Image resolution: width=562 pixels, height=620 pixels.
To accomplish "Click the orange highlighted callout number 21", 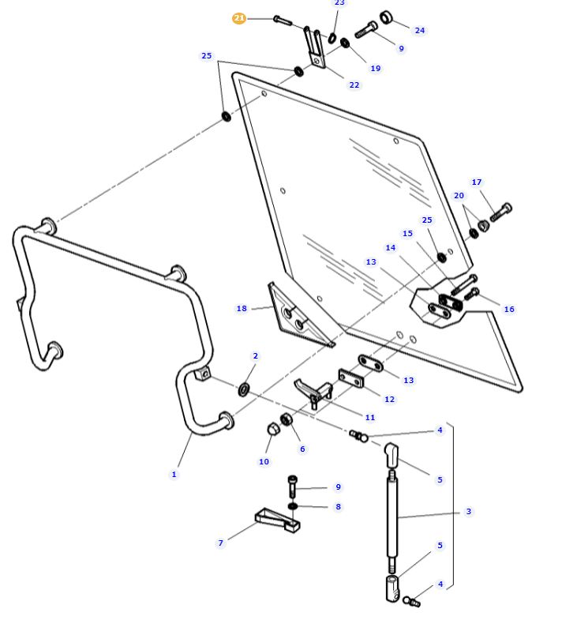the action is tap(239, 18).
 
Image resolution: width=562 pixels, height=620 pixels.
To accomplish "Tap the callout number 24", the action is tap(420, 31).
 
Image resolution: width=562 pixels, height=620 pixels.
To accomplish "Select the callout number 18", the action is tap(242, 308).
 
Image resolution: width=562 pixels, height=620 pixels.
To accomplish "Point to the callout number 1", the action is tap(174, 474).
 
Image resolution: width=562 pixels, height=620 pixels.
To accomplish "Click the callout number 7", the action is tap(220, 543).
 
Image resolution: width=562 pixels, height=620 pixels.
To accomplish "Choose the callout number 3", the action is tap(469, 511).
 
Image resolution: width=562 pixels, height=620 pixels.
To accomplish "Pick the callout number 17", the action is tap(477, 182).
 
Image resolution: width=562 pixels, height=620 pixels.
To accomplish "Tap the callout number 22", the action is tap(354, 85).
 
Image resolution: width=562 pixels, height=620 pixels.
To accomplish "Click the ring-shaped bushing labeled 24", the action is tap(386, 17).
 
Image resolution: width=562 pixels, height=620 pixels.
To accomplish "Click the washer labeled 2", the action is tap(244, 389).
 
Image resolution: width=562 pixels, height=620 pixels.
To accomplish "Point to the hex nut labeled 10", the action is tap(272, 429).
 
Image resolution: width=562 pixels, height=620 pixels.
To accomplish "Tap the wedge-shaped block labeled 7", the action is tap(276, 520).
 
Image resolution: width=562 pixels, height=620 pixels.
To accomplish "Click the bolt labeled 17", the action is tap(501, 212).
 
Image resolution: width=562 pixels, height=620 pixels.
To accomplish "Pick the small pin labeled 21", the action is tap(283, 21).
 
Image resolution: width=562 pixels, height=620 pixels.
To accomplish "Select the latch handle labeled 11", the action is tap(313, 393).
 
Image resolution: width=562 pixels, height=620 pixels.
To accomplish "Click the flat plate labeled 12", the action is tap(351, 379).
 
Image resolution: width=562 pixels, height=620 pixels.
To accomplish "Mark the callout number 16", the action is tap(509, 309).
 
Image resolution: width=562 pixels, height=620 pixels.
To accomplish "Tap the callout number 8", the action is tap(339, 506).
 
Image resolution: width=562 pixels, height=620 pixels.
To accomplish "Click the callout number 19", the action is tap(376, 69).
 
